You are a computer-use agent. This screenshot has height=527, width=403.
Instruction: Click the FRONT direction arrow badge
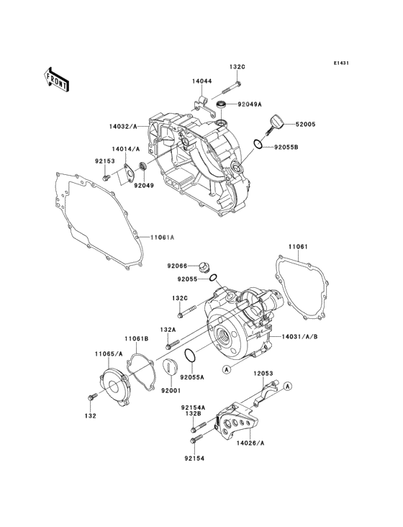(57, 78)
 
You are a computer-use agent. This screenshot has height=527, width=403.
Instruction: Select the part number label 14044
(201, 82)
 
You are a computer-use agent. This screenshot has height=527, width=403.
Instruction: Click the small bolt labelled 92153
(106, 177)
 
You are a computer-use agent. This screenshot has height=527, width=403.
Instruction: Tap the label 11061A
(163, 237)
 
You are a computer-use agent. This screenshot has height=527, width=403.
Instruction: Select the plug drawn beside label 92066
(205, 266)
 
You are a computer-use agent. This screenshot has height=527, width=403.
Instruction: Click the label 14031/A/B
(300, 336)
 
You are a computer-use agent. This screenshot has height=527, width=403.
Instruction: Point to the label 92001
(170, 389)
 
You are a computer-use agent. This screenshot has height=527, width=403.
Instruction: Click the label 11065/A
(108, 353)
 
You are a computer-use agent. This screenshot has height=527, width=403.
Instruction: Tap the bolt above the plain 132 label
(90, 397)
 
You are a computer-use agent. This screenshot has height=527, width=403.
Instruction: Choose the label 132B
(193, 413)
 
